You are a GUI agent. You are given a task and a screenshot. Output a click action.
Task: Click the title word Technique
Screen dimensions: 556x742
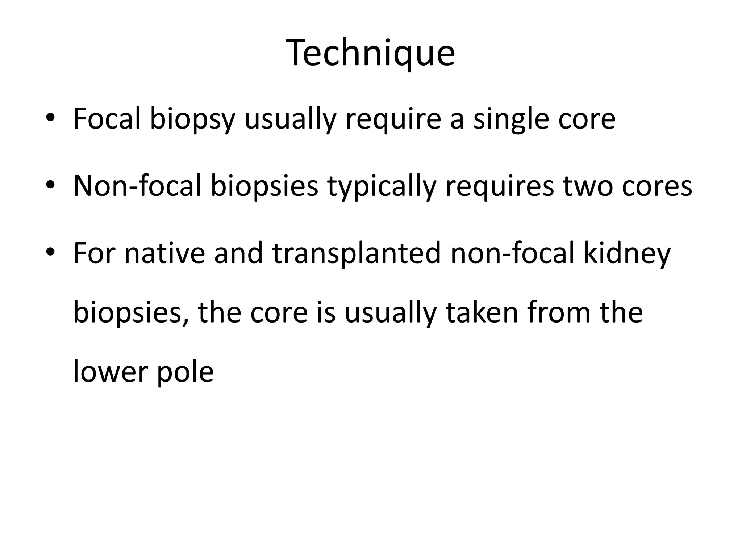pyautogui.click(x=370, y=54)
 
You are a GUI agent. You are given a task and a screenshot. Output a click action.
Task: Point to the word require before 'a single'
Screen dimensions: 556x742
pyautogui.click(x=393, y=119)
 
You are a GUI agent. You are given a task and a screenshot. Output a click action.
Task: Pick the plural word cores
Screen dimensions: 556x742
pyautogui.click(x=657, y=187)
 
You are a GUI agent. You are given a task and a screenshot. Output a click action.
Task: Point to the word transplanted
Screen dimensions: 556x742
pyautogui.click(x=357, y=254)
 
